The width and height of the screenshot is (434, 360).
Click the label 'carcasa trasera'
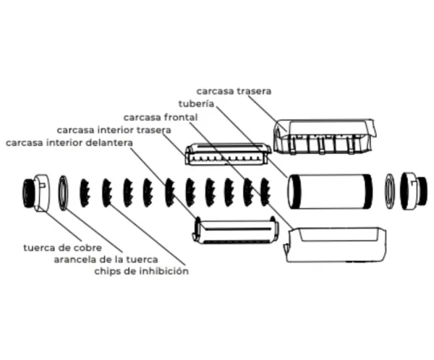point(234,91)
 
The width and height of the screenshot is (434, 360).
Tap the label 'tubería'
point(196,104)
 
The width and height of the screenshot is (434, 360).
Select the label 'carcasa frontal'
point(161,117)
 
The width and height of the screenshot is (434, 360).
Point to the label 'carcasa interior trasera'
point(114,130)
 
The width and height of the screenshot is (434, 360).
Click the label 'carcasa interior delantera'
point(69,143)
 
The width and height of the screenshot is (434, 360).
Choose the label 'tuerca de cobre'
point(62,248)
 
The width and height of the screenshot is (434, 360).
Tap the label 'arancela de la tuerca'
point(106,260)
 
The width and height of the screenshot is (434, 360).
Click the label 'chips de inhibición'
point(142,271)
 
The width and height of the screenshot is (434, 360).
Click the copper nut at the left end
point(37,193)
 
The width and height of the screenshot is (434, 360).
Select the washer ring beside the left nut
point(63,192)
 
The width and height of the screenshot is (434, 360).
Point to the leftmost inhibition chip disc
point(85,192)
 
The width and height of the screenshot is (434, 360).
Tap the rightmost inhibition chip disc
point(265,192)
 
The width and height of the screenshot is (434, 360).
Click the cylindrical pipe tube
point(329,192)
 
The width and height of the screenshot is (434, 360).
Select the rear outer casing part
point(324,137)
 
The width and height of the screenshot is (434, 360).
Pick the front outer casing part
point(335,245)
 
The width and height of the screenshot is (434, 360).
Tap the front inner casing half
point(235,231)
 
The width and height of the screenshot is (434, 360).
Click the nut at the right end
point(414,191)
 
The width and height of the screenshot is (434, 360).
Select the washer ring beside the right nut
point(390,192)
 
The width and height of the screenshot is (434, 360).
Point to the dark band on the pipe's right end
point(368,192)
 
